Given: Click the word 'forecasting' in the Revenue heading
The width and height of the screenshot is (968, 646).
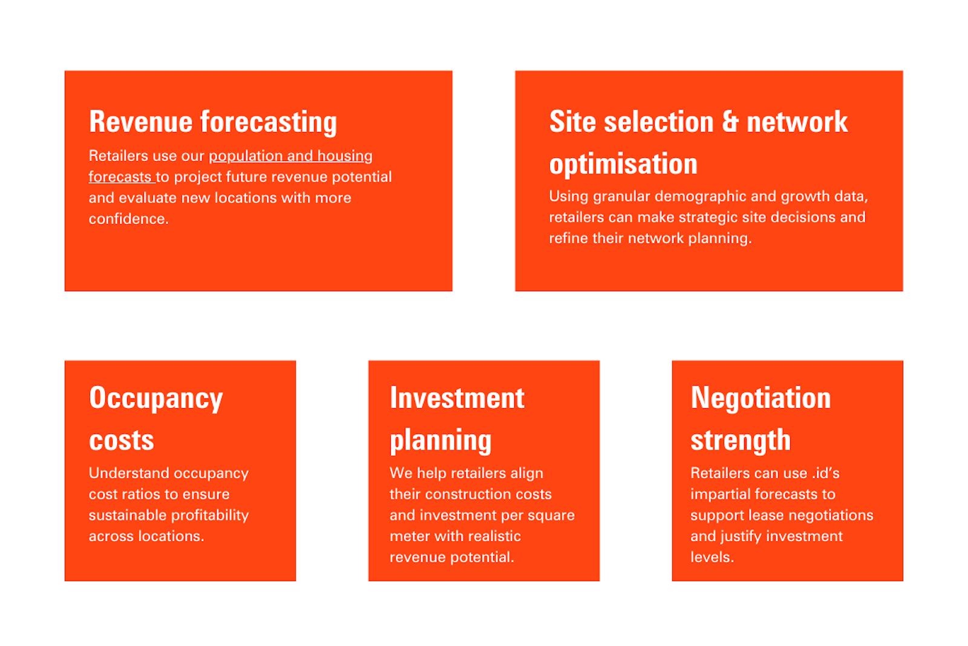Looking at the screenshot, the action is pos(268,122).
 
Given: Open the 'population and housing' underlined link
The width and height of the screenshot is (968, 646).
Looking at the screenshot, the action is pos(290,156).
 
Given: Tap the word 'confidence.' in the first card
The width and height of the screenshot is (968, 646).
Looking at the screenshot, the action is pos(129,219).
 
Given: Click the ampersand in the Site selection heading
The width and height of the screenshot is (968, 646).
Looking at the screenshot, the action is pos(730,122).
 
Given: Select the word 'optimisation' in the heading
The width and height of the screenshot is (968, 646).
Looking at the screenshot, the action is pos(623,165).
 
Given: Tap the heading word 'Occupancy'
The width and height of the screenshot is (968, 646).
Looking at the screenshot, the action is pos(156,398).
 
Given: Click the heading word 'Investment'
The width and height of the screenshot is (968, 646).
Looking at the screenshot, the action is pos(457,398).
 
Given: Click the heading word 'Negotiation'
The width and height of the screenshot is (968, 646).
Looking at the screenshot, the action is pos(760,398).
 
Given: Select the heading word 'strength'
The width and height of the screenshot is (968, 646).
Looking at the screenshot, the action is pos(741,440).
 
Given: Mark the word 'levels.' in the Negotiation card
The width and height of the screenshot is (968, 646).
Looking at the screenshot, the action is pos(712,557).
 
